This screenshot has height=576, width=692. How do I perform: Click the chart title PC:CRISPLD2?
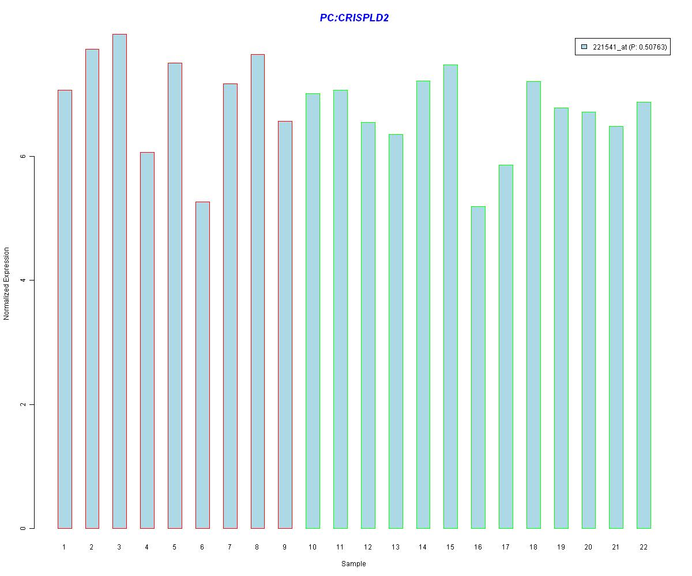[x=354, y=18]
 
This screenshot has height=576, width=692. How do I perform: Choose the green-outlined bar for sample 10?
[x=313, y=310]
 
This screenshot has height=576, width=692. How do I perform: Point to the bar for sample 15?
[x=450, y=296]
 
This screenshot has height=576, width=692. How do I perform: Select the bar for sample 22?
[x=644, y=315]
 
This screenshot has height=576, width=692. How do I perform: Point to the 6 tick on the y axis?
[x=24, y=157]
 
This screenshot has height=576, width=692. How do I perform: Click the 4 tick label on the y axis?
[x=24, y=281]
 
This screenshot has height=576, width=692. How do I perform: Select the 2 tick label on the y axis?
[x=24, y=404]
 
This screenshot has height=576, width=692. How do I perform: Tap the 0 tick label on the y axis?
[x=24, y=528]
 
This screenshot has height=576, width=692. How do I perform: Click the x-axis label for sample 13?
[x=395, y=547]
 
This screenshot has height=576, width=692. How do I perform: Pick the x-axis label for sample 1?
[x=64, y=547]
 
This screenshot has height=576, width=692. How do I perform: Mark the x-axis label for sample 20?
[x=588, y=547]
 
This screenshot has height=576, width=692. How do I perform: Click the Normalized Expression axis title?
[x=7, y=283]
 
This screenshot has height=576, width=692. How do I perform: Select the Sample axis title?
[x=353, y=564]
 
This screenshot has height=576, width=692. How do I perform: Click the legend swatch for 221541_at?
[x=584, y=47]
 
